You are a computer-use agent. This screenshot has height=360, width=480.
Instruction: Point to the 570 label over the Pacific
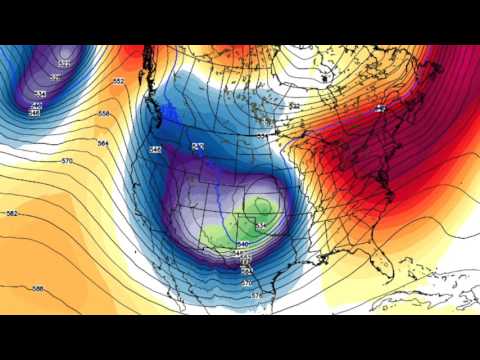(68, 161)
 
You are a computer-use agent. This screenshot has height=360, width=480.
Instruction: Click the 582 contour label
(12, 214)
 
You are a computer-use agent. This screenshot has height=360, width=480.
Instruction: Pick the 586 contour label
(38, 288)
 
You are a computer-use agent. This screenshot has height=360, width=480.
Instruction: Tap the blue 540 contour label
(241, 243)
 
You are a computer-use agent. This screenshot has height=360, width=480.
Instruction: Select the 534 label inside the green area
(261, 226)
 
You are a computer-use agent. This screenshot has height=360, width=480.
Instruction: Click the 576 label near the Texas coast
(256, 296)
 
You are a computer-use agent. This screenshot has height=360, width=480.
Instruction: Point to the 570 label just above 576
(247, 283)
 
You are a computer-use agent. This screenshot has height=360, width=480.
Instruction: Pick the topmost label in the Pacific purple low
(65, 64)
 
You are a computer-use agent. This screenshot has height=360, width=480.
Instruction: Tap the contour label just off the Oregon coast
(155, 149)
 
